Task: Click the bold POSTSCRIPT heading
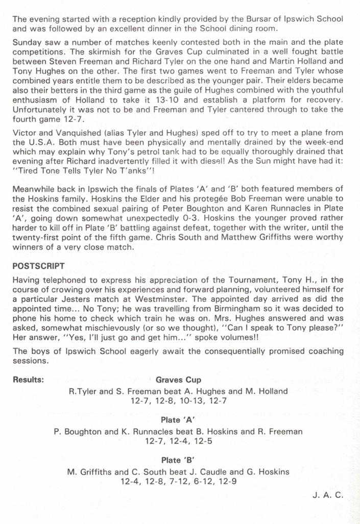38,266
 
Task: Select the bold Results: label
28,380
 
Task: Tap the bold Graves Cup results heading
178,380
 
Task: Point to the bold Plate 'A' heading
178,420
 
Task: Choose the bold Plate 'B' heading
178,460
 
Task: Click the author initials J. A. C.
328,495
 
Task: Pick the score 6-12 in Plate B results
201,482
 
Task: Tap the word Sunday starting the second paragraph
27,42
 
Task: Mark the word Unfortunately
39,109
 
